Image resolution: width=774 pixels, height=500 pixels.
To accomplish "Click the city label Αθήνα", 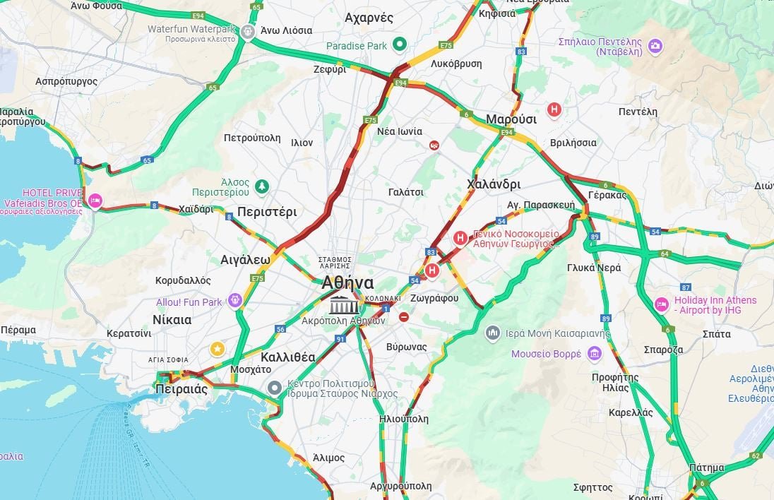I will click(347, 282).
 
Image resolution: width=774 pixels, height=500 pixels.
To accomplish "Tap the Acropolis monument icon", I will click(344, 306).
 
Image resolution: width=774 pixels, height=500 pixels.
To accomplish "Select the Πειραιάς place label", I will click(181, 389).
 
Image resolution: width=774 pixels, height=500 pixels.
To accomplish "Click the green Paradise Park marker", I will click(400, 45).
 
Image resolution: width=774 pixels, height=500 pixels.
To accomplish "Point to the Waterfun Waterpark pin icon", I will click(246, 31).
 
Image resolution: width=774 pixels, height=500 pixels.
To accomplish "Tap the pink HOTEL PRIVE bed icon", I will click(95, 201).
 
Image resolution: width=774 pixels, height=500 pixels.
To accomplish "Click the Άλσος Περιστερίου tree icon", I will click(262, 186).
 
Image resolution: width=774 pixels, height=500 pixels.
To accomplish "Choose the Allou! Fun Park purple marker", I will click(235, 302).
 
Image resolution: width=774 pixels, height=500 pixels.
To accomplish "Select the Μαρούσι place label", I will click(511, 119).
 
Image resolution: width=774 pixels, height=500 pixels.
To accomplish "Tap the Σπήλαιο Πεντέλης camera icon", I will click(655, 46).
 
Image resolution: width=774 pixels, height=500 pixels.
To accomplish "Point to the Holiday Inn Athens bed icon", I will click(661, 304).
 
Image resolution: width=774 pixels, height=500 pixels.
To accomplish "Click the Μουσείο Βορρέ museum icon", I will click(595, 353).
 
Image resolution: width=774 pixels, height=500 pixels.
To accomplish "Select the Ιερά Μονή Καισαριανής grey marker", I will click(494, 333).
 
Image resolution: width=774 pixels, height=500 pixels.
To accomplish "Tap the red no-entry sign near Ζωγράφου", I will click(403, 318).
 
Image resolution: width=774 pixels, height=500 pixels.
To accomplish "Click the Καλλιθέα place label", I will click(287, 357).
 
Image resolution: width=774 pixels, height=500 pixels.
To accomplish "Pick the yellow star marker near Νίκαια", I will click(218, 348).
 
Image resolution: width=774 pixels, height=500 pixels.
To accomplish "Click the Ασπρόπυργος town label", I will click(66, 81).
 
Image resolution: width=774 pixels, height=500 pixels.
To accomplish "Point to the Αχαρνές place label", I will click(369, 18).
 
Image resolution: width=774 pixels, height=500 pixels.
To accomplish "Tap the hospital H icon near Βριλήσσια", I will click(554, 109).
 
